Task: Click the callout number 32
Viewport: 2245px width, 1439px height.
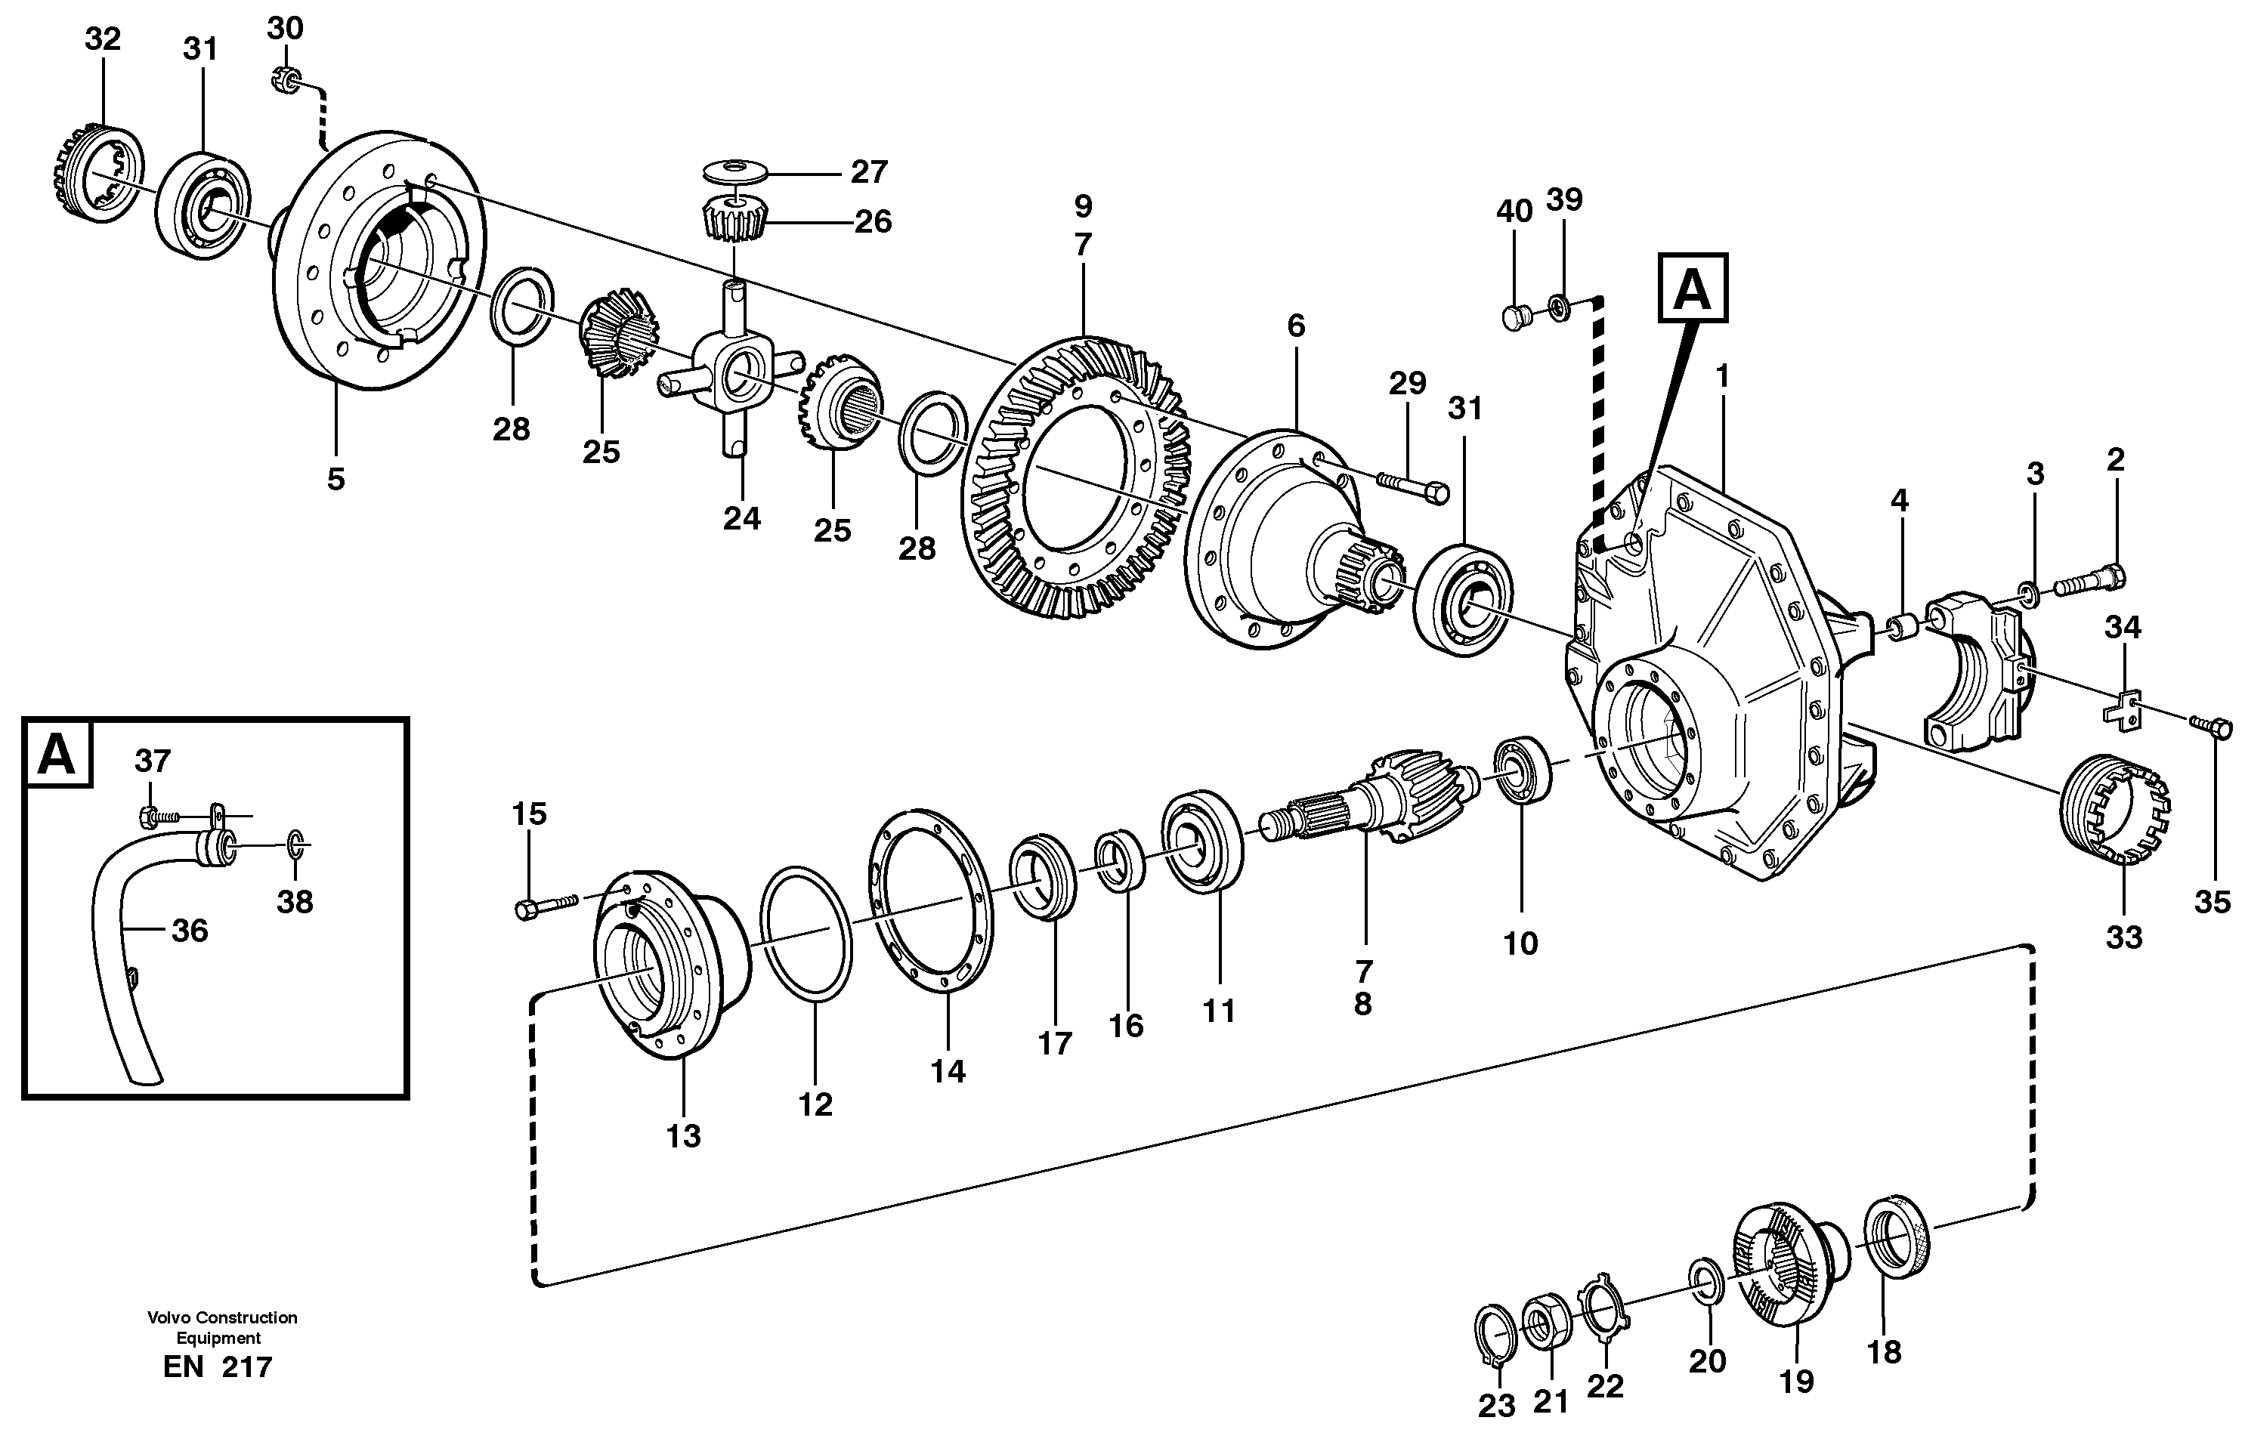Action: click(103, 39)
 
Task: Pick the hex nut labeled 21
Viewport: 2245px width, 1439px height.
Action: click(1547, 1322)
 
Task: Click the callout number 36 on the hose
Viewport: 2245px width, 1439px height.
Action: click(190, 931)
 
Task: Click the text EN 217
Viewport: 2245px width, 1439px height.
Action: click(218, 1367)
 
